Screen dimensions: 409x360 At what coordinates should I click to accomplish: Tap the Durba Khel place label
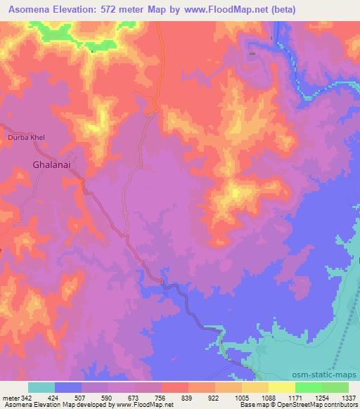pyautogui.click(x=26, y=138)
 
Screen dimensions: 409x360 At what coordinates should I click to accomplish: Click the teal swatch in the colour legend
pyautogui.click(x=41, y=387)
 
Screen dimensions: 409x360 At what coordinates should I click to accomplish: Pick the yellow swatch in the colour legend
pyautogui.click(x=281, y=387)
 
